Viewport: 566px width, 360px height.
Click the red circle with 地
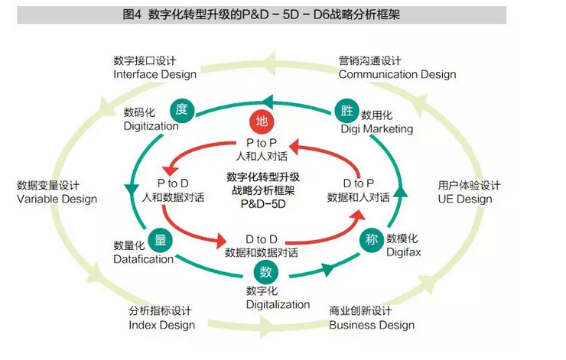(262, 121)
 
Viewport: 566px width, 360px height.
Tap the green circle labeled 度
(181, 109)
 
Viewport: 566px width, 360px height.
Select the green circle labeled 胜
(347, 110)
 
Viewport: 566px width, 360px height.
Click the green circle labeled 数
(265, 271)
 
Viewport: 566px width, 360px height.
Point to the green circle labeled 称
(371, 238)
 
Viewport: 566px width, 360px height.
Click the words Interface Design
(155, 74)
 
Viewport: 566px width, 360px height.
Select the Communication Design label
(397, 74)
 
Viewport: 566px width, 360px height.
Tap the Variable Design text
(57, 199)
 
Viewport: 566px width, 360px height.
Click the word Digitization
(151, 126)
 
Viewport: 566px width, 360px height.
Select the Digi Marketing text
(377, 128)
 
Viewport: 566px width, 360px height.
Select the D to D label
(262, 238)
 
